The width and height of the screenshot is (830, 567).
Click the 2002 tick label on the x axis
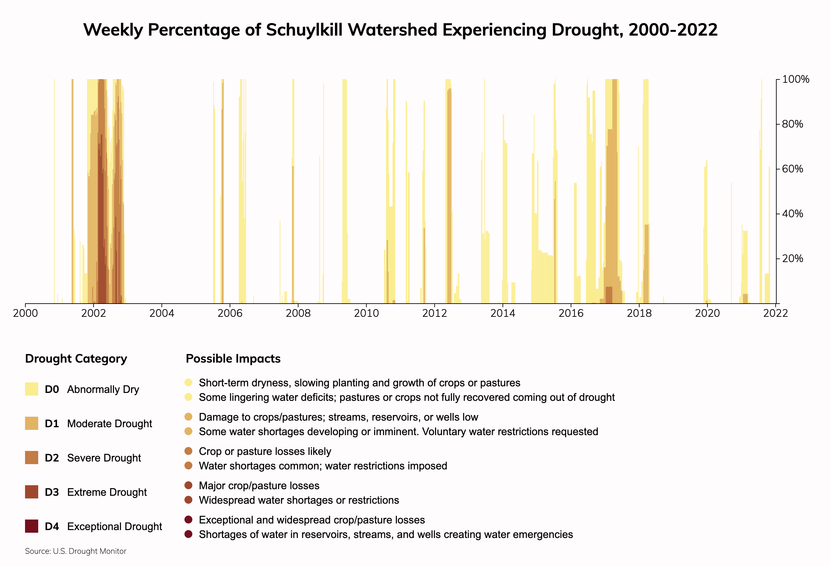click(x=94, y=313)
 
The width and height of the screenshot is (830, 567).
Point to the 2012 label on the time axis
click(x=435, y=313)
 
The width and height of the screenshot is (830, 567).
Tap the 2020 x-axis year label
click(x=707, y=313)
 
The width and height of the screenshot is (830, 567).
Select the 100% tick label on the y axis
click(x=795, y=79)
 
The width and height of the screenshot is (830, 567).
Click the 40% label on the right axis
click(x=792, y=214)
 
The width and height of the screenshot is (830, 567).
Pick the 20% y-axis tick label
click(x=792, y=258)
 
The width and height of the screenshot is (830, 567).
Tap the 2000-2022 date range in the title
click(x=673, y=30)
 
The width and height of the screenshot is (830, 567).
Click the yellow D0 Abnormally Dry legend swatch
click(x=31, y=389)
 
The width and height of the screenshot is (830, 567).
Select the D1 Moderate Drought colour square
click(x=31, y=423)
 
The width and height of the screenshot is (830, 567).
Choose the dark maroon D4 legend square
click(x=31, y=526)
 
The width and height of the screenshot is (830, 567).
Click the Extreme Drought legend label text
click(x=107, y=492)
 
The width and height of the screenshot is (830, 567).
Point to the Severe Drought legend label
click(x=104, y=458)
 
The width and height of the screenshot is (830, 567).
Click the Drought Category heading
click(x=76, y=359)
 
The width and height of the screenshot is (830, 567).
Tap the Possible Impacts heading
click(x=233, y=359)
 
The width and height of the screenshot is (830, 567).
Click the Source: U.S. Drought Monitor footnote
click(x=76, y=551)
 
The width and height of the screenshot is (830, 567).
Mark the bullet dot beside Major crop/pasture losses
click(x=189, y=486)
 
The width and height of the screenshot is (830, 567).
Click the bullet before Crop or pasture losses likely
click(x=189, y=451)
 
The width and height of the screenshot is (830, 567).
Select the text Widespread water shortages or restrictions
click(x=299, y=500)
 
